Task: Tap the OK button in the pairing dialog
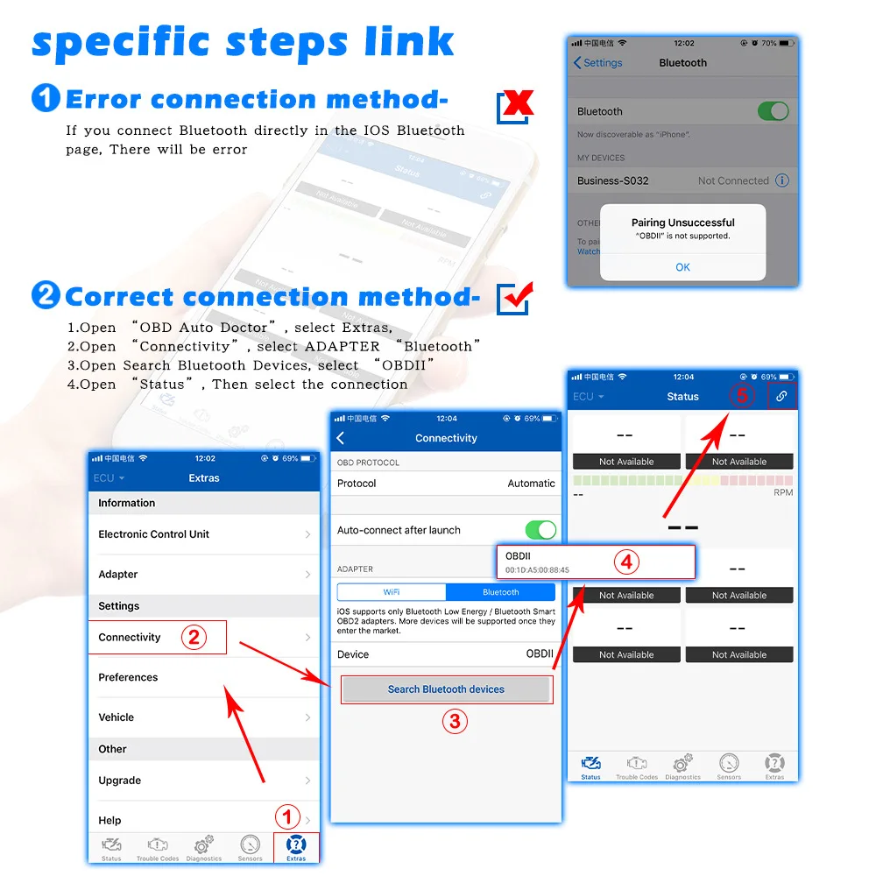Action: tap(682, 267)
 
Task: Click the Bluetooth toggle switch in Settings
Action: tap(773, 111)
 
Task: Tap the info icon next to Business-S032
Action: tap(782, 180)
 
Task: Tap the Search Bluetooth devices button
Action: tap(446, 689)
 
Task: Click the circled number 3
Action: tap(454, 722)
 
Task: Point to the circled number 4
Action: tap(625, 562)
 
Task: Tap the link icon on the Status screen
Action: tap(781, 396)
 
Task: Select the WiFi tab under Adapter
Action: tap(392, 592)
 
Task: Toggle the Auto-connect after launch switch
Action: tap(540, 530)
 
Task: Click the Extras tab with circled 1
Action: tap(296, 847)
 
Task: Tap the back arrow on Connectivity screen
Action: tap(341, 438)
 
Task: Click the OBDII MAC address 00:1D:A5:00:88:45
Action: tap(537, 570)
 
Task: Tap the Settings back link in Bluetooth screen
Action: tap(597, 63)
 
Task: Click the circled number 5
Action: tap(742, 395)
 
